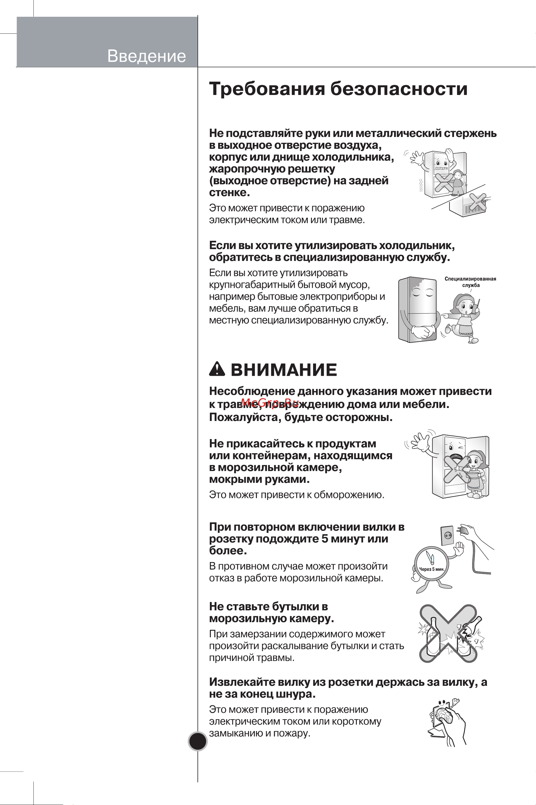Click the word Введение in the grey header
pos(146,56)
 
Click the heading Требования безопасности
pos(338,89)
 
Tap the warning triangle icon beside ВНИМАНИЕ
pos(217,369)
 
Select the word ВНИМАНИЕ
pos(284,370)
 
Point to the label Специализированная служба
pos(470,282)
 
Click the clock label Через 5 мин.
pos(432,569)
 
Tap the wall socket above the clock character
pos(448,535)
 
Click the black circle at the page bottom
pos(197,741)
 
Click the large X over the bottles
pos(448,633)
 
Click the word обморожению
pos(349,495)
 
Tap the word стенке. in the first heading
pos(229,193)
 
